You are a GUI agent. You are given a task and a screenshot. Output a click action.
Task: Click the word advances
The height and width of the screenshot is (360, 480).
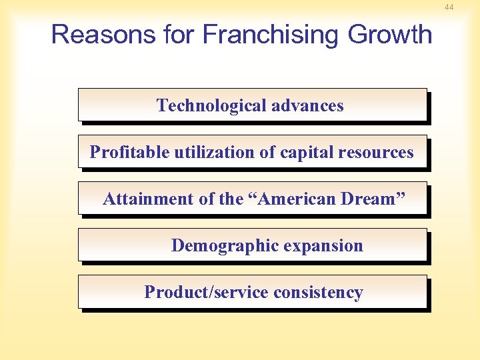pos(309,105)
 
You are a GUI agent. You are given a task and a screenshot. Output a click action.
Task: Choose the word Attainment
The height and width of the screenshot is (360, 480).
pos(145,199)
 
